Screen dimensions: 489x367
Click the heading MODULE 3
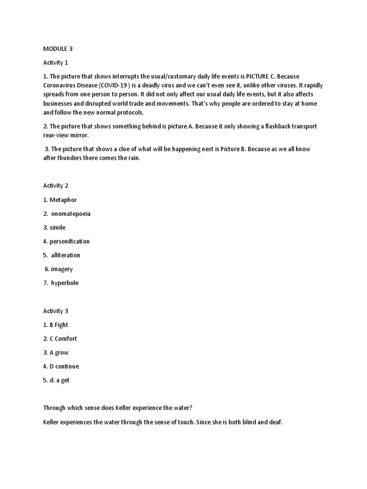click(57, 49)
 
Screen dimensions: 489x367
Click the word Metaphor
click(63, 200)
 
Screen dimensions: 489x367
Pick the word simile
click(57, 227)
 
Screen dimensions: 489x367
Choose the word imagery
click(62, 269)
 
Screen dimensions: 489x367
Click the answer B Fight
click(59, 325)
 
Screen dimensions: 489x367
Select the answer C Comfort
click(63, 339)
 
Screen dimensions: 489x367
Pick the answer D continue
click(65, 366)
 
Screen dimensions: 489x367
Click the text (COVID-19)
click(118, 85)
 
